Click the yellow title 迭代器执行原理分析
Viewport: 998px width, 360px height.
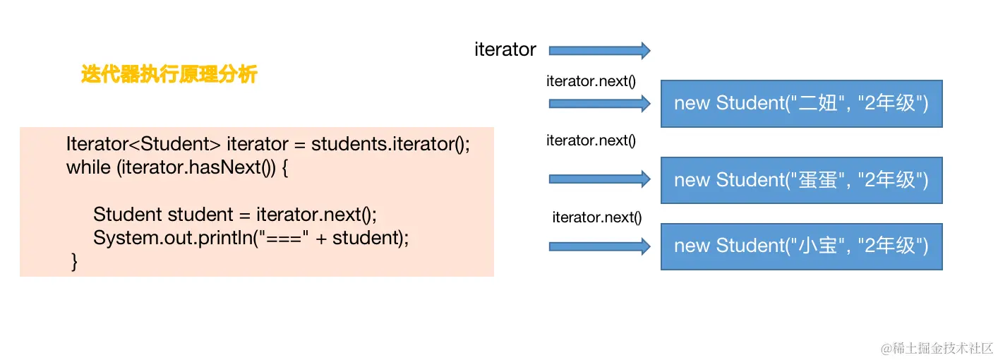click(169, 74)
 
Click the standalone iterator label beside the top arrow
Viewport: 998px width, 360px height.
click(505, 49)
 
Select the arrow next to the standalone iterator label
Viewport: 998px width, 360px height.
click(599, 50)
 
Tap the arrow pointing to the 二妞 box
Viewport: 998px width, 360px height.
click(599, 104)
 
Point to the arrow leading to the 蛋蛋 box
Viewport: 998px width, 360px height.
click(599, 179)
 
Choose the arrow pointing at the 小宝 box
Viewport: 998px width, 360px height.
click(599, 246)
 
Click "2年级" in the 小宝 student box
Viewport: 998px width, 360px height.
click(891, 246)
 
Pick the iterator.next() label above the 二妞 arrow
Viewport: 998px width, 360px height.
click(591, 81)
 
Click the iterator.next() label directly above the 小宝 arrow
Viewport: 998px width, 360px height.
click(596, 217)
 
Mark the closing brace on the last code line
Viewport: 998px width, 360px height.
click(74, 262)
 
